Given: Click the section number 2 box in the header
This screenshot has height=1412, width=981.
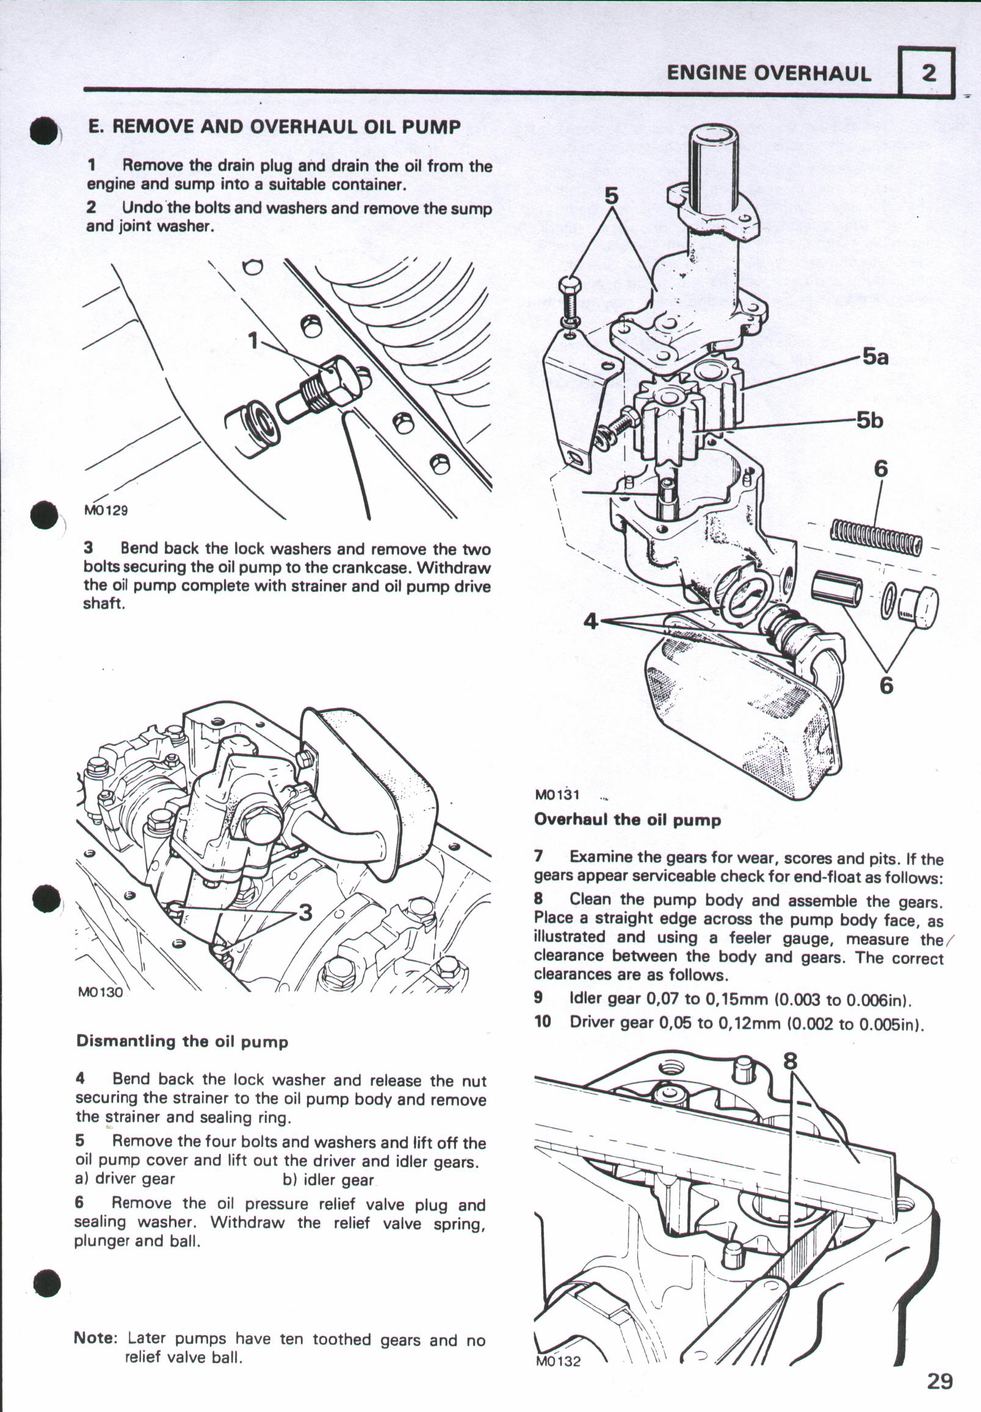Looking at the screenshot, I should pos(927,73).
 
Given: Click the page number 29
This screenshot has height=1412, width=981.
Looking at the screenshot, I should pos(940,1381).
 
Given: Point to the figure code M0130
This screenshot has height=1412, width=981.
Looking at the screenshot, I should pos(100,991).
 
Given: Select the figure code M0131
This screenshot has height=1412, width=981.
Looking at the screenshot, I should pos(557,794).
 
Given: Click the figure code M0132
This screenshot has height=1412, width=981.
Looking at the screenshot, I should pos(558,1361).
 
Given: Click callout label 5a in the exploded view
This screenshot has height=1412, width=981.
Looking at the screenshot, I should pos(875,357).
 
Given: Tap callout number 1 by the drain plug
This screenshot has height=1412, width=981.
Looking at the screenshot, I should pos(253,340).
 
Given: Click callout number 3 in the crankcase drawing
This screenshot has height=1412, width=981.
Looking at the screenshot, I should pos(305,912).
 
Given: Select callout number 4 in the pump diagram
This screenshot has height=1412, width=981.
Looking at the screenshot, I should pos(591,621).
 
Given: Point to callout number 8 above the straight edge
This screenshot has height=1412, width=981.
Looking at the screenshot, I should pos(791,1061).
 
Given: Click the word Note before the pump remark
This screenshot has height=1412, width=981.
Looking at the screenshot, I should pos(95,1338).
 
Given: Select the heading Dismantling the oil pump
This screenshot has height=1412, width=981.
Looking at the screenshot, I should pos(182,1041).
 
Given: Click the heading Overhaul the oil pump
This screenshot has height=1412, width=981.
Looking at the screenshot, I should pos(627,820).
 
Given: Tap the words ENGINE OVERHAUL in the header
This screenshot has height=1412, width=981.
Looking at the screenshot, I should pos(769,73).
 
